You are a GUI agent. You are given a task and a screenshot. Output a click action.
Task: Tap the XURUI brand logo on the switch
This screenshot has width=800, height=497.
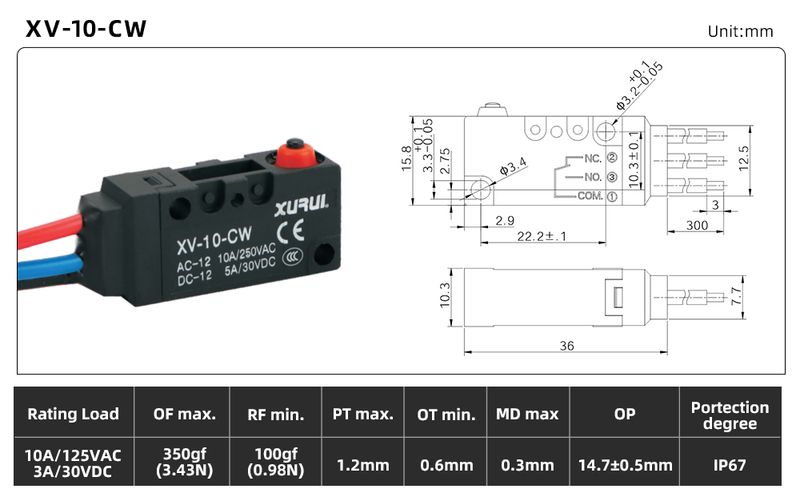point(302,206)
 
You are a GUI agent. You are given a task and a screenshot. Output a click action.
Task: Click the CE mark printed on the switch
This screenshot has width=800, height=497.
point(291,230)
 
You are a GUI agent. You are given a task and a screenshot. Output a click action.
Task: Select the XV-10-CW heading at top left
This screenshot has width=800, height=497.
point(86,29)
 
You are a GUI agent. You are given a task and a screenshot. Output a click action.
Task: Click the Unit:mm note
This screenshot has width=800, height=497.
point(740,32)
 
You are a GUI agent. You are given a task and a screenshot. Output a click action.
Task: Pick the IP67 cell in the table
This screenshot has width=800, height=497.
point(730,465)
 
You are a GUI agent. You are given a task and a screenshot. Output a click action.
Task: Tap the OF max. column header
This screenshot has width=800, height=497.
point(184,414)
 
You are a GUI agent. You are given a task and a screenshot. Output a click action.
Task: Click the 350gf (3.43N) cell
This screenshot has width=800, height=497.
point(184,462)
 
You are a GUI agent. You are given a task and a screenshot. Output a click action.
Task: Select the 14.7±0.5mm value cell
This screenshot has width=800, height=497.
point(625,465)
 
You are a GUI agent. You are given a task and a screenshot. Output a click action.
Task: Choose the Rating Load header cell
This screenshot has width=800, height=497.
point(73,414)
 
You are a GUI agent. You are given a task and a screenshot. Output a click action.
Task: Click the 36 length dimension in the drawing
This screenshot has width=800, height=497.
point(567,346)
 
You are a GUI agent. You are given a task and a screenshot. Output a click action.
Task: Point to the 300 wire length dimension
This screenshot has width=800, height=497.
point(697,225)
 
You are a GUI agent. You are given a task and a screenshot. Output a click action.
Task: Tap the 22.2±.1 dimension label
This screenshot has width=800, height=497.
point(542,236)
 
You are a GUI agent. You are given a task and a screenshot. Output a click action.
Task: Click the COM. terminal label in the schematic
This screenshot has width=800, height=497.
point(590,196)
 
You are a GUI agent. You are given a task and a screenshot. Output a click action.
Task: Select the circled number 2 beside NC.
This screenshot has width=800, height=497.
point(612,158)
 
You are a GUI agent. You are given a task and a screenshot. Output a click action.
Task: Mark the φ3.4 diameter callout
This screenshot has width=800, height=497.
point(513,166)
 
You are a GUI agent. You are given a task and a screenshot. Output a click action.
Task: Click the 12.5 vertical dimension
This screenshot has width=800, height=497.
point(743,158)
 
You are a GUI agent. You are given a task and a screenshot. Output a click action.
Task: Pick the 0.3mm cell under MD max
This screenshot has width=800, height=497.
point(527,465)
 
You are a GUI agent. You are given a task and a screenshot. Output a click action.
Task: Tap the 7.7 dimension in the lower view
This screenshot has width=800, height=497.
point(736,296)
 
